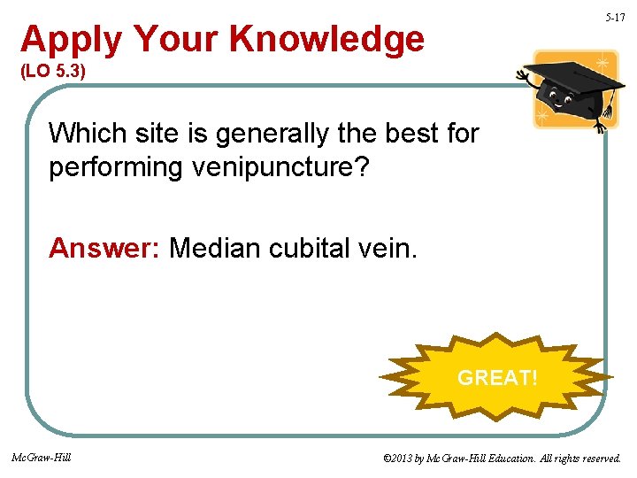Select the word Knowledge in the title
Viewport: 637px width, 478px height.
[326, 40]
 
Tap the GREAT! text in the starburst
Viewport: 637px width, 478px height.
[496, 378]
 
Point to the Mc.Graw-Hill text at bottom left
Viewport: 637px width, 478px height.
[42, 458]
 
